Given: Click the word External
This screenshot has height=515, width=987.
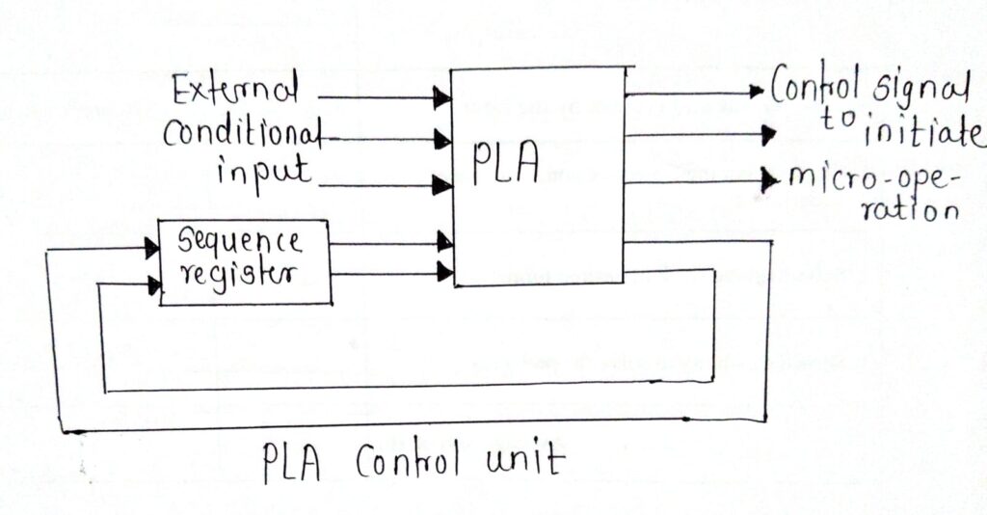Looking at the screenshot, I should [234, 94].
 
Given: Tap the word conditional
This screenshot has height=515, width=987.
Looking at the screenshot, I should [241, 134].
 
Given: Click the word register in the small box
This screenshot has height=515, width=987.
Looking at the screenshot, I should [243, 273].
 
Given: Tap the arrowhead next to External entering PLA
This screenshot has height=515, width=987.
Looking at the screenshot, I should [443, 96].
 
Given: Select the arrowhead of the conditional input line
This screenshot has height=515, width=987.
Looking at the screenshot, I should [443, 139].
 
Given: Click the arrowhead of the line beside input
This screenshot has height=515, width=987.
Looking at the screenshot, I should [443, 184].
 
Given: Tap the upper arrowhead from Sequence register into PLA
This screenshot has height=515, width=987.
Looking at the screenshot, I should [443, 240].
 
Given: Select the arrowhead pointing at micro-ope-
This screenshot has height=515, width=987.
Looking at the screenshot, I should [768, 179].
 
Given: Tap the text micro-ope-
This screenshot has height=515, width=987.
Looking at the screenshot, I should [868, 179].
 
